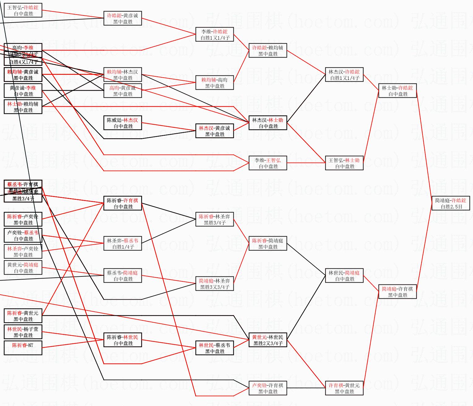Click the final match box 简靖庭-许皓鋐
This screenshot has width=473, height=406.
coord(450,203)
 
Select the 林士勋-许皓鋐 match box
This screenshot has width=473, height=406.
coord(397,91)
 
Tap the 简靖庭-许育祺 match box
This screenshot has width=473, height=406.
coord(397,292)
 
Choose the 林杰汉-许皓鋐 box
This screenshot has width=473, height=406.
coord(344,75)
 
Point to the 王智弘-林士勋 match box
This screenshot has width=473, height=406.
coord(344,163)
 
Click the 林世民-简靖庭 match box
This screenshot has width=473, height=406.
coord(344,276)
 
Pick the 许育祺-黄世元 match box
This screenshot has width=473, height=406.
coord(344,388)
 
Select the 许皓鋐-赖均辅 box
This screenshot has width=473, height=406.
coord(268,51)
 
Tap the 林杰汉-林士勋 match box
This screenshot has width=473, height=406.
coord(268,123)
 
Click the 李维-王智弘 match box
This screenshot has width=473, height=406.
coord(268,163)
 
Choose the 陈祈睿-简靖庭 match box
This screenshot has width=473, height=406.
coord(268,244)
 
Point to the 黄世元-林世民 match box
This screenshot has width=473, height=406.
coord(268,340)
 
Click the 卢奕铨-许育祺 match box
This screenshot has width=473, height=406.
coord(268,388)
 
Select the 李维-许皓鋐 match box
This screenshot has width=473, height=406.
coord(215,35)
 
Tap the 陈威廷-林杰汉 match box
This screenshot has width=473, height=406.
coord(123,123)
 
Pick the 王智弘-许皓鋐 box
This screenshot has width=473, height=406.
coord(23,11)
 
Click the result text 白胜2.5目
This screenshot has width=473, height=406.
coord(450,207)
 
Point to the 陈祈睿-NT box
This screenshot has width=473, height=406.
coord(23,348)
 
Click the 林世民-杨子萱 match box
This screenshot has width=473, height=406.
coord(23,332)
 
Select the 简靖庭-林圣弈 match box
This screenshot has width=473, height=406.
coord(215,284)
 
